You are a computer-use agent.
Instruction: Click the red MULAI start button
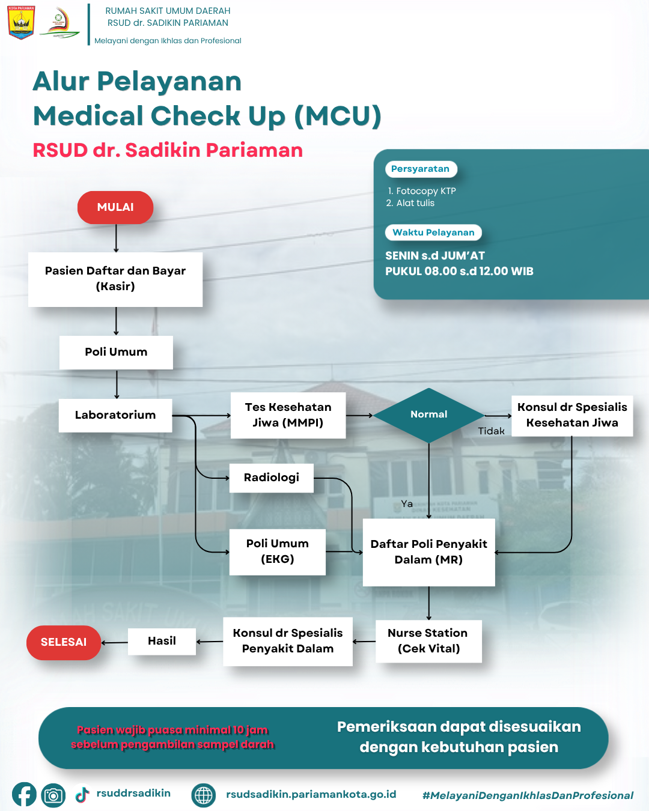point(115,207)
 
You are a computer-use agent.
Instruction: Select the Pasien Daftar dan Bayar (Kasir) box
point(115,279)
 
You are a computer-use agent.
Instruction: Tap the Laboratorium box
point(115,415)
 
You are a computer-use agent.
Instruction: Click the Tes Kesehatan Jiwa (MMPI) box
point(288,415)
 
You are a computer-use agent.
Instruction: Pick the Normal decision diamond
point(428,415)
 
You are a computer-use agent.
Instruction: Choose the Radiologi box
point(272,478)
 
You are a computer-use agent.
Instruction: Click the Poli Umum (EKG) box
point(277,551)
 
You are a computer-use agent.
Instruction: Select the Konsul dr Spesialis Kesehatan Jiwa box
point(572,415)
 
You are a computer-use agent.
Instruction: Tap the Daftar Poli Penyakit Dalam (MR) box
point(428,552)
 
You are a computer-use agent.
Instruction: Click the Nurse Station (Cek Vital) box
point(428,641)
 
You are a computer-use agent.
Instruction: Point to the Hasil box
point(162,641)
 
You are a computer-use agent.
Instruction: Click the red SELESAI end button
point(64,642)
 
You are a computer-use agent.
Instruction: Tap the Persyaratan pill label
point(421,169)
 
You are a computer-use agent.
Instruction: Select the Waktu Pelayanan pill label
point(433,232)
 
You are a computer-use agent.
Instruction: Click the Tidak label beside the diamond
point(491,431)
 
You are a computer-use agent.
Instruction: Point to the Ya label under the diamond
point(407,504)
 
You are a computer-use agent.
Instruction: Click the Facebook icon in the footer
point(24,795)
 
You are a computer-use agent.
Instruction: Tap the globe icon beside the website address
point(204,795)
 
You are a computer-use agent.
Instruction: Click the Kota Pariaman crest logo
point(21,23)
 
